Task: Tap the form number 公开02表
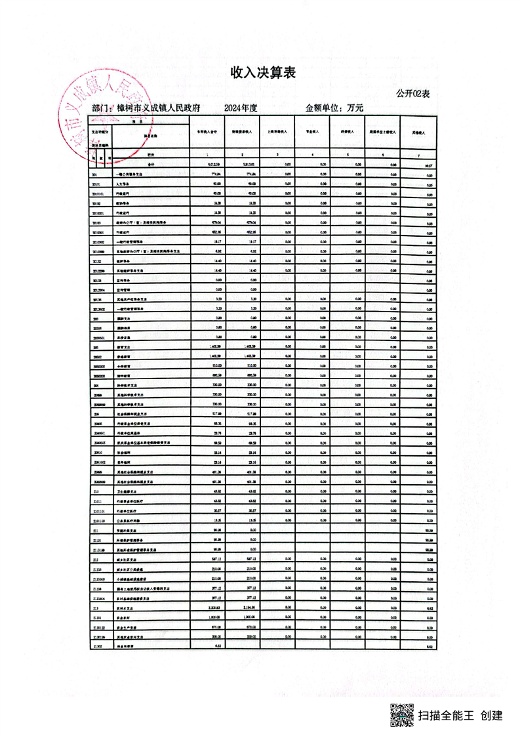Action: click(x=412, y=94)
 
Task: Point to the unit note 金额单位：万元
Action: click(x=334, y=108)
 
